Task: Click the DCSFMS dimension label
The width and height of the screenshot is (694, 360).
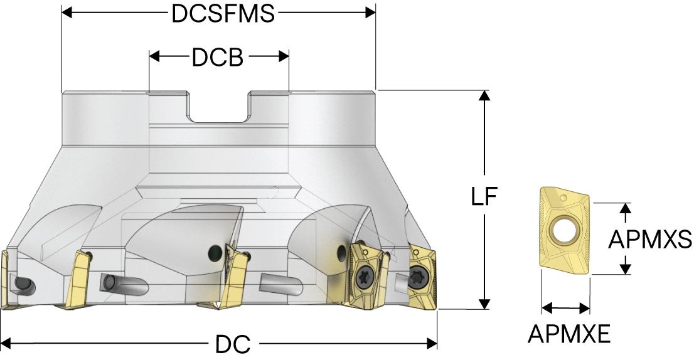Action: [223, 14]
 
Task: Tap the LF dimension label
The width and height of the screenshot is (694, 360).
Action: [484, 198]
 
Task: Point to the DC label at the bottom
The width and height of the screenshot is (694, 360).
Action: [233, 344]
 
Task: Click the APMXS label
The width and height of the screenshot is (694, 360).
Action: [651, 239]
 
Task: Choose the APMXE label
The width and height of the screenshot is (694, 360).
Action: [569, 334]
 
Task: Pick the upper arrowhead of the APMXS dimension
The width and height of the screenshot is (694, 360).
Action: [625, 209]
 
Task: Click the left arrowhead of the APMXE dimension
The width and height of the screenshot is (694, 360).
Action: [547, 308]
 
